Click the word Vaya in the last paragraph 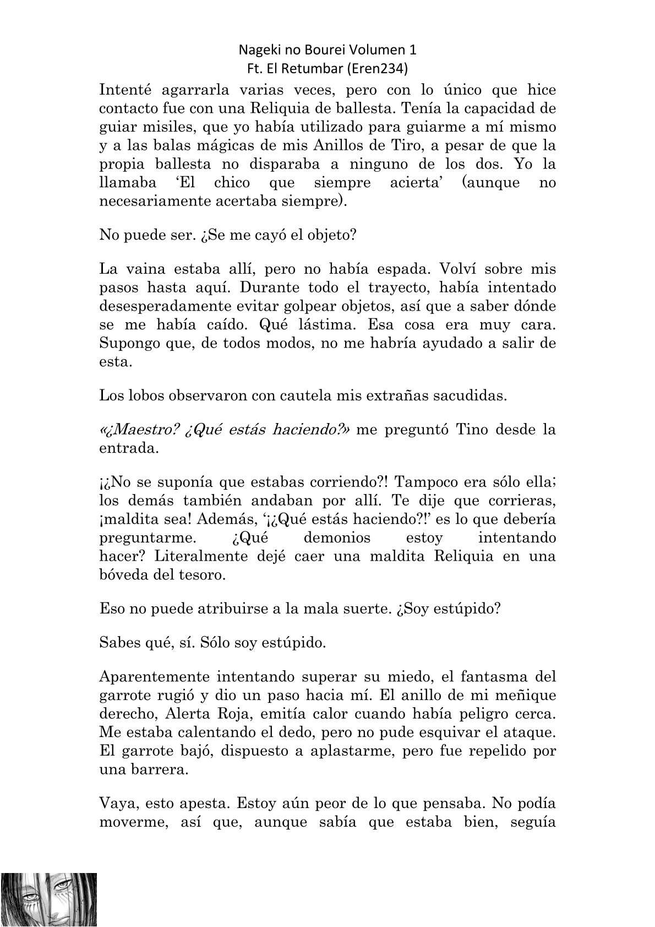click(118, 804)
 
